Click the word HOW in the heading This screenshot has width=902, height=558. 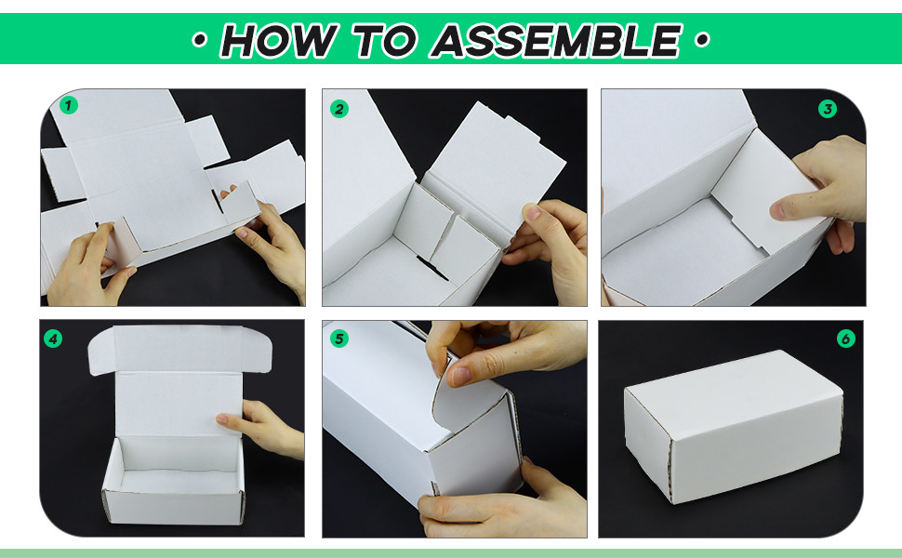278,40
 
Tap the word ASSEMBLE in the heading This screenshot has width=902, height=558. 557,40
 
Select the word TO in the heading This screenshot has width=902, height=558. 384,40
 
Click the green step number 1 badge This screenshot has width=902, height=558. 69,105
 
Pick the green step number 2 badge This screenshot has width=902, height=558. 339,109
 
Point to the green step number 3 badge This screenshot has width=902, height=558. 828,109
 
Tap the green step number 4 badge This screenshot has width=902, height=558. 53,339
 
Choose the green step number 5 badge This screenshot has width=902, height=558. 339,339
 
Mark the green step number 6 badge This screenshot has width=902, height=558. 845,339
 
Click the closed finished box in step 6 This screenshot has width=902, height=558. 734,427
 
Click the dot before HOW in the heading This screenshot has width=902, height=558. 200,40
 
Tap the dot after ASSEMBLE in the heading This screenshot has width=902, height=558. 702,40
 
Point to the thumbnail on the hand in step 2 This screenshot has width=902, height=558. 532,212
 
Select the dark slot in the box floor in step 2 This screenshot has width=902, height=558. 432,269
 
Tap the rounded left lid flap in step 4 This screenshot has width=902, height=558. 101,352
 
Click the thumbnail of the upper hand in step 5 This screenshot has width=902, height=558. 461,377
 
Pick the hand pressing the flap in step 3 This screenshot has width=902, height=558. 820,190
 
